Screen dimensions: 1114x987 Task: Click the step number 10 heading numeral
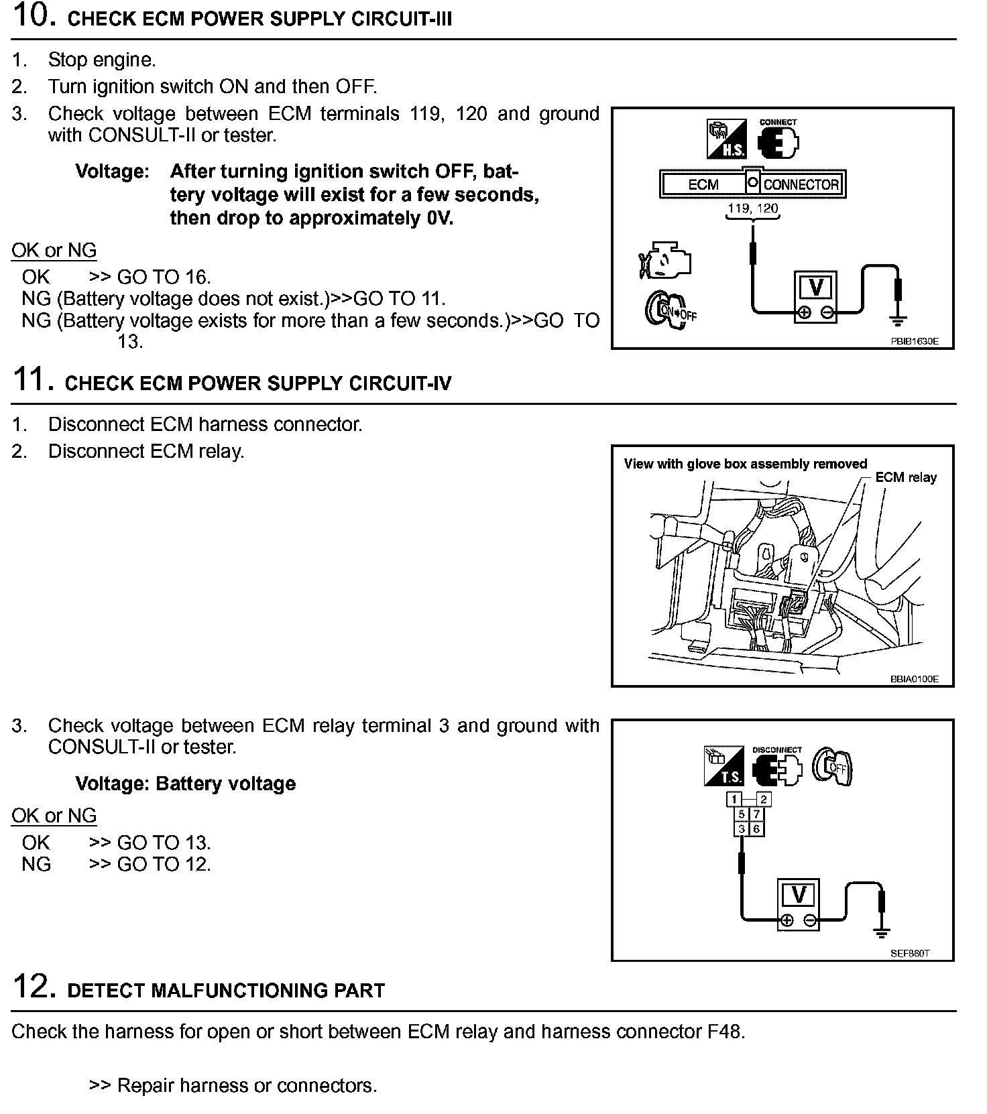(x=31, y=16)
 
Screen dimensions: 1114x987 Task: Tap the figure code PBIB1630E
(x=914, y=341)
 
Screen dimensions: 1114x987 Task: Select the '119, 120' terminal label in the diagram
(x=753, y=208)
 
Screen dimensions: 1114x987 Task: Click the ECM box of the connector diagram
(x=703, y=184)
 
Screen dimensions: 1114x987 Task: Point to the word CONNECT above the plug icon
(x=778, y=123)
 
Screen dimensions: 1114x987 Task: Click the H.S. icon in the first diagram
(x=726, y=139)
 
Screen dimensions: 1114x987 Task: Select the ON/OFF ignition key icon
(x=671, y=308)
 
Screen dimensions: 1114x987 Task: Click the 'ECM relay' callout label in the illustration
(x=906, y=477)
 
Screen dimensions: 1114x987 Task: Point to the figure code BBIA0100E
(x=914, y=679)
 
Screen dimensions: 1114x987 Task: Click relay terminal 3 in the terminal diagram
(x=742, y=829)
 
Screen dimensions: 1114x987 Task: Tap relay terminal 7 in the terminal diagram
(x=756, y=814)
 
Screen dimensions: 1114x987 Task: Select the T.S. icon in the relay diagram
(x=723, y=766)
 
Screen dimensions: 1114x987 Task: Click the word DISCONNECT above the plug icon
(x=777, y=750)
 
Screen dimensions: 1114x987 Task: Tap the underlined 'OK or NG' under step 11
(x=54, y=816)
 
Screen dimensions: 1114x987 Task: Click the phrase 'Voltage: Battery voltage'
(x=185, y=784)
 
